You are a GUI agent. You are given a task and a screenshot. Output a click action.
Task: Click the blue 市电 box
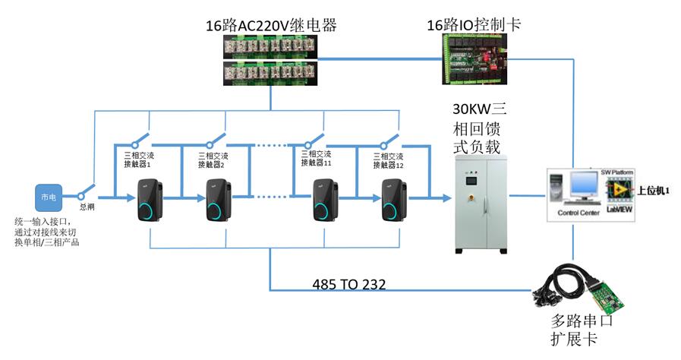47,197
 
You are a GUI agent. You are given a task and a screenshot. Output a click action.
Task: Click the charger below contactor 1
149,199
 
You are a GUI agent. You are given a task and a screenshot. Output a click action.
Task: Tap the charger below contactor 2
218,200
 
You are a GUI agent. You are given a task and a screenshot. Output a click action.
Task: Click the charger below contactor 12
393,199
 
